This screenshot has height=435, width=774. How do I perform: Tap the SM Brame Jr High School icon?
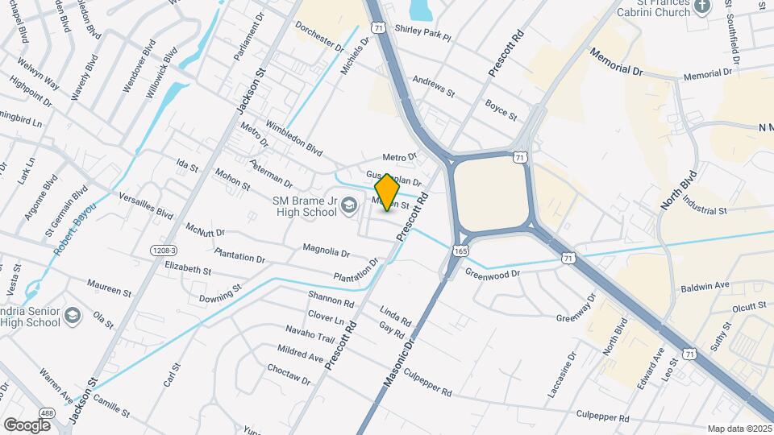click(348, 206)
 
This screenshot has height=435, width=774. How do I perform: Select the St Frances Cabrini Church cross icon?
click(702, 7)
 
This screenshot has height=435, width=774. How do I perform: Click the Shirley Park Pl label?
click(422, 33)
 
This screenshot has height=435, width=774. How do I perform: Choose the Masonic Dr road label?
click(398, 360)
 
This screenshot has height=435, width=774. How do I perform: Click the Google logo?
click(27, 425)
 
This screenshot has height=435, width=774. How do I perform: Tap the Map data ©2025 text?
click(740, 429)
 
